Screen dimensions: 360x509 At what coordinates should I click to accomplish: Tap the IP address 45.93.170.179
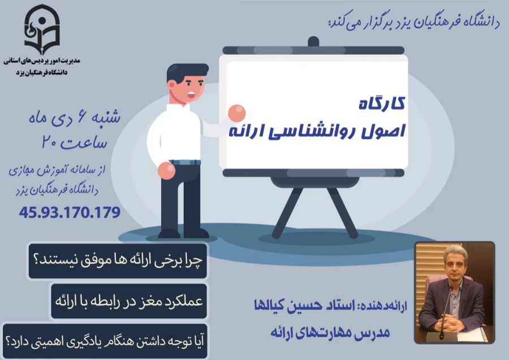(70, 213)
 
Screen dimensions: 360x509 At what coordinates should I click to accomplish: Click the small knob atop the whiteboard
(313, 41)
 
